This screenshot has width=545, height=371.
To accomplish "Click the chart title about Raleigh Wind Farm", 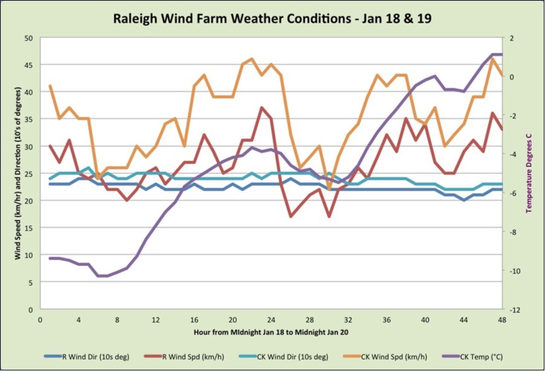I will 272,18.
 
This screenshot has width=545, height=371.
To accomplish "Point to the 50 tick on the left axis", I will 29,37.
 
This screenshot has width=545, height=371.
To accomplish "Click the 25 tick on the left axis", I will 29,173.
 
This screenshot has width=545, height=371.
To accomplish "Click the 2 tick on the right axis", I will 511,37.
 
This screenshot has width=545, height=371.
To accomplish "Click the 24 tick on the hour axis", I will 271,320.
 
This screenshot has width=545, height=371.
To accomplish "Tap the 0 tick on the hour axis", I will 40,320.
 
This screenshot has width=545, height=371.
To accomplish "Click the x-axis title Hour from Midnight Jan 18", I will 271,332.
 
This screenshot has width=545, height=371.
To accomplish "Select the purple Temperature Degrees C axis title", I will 529,173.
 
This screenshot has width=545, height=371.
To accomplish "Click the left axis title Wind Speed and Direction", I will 19,173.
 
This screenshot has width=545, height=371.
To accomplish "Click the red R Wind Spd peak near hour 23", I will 262,108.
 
